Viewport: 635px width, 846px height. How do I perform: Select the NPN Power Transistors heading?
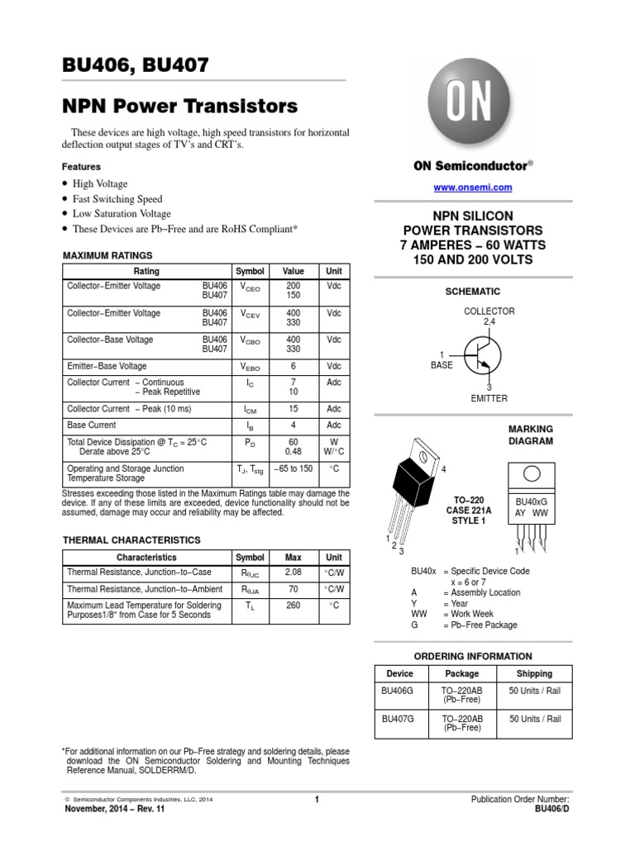point(179,107)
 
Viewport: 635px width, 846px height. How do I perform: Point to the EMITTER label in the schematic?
point(489,398)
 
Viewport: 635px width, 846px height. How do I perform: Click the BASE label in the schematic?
point(442,364)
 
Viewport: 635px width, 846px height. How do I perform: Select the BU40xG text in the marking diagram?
point(532,501)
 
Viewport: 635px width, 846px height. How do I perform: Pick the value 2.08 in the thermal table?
point(294,572)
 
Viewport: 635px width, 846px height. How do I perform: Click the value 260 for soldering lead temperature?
point(294,606)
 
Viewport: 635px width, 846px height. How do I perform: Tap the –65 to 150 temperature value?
point(294,468)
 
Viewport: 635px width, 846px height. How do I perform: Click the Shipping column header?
point(535,673)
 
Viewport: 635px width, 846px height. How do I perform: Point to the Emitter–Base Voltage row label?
point(107,365)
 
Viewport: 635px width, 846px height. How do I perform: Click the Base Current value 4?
point(294,425)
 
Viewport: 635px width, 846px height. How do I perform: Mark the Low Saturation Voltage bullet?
point(122,213)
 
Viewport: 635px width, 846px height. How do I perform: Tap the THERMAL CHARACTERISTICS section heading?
point(131,539)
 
